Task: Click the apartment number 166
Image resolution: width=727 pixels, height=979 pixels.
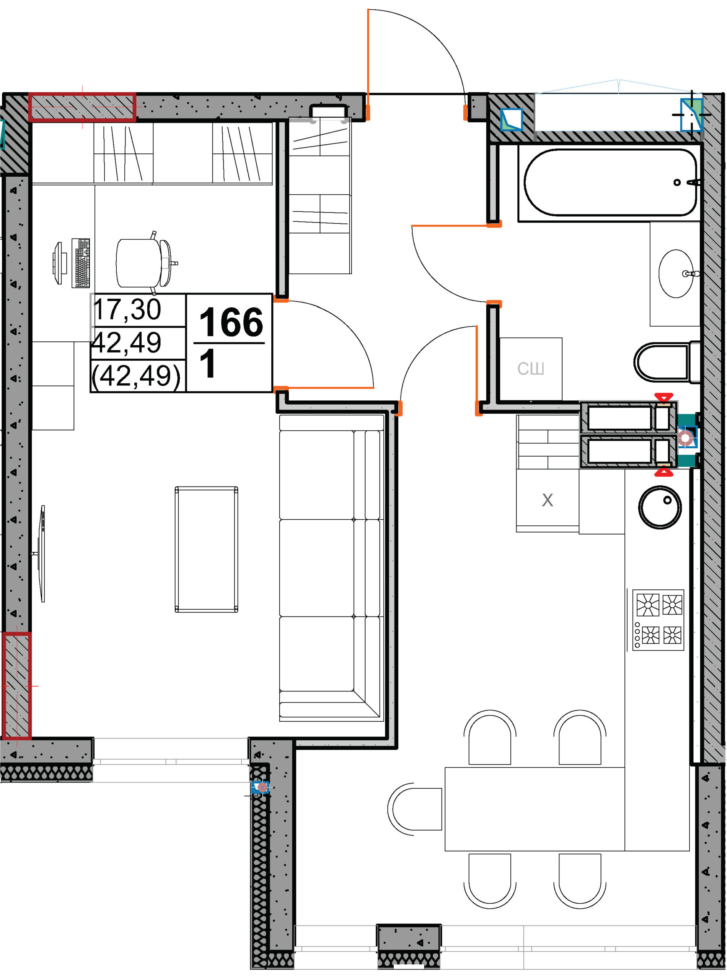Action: (x=231, y=322)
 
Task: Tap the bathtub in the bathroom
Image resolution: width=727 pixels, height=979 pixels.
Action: (x=610, y=182)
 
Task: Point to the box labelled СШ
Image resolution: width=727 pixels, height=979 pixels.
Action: (x=531, y=369)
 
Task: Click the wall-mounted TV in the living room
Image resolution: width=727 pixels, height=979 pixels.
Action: (x=41, y=554)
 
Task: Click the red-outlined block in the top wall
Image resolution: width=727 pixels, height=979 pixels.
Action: (x=82, y=107)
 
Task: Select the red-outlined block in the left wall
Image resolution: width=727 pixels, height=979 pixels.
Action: (x=17, y=686)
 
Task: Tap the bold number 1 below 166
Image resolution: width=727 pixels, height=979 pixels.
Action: (x=207, y=363)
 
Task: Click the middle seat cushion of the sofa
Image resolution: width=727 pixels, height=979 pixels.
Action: (x=329, y=568)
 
